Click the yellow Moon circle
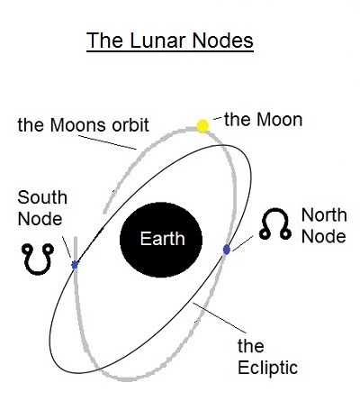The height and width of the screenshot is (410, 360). tap(202, 126)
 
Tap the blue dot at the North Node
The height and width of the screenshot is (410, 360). tap(227, 250)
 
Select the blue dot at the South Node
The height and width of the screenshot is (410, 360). tap(75, 265)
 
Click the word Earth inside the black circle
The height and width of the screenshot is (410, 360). tap(162, 239)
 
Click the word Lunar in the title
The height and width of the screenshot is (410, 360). tap(158, 41)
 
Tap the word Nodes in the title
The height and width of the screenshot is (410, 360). tap(223, 41)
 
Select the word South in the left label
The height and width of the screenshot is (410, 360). tap(42, 197)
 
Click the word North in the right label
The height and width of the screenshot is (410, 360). tap(324, 215)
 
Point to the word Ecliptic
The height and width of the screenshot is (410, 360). tap(267, 368)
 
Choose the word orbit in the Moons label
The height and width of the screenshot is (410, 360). tap(130, 124)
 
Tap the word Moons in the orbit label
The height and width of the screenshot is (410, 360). tap(78, 125)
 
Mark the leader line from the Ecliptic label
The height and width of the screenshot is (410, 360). tap(220, 318)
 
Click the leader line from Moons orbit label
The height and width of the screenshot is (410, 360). tap(107, 142)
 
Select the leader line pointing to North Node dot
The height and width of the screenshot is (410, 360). tap(242, 243)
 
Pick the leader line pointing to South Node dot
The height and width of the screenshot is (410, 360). tap(67, 247)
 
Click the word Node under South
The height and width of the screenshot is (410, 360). tap(40, 219)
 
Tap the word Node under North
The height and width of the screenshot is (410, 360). tap(324, 236)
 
